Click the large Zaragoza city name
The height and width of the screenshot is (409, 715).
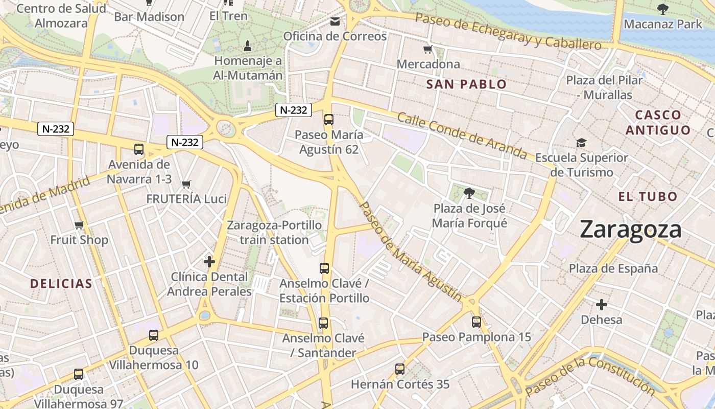630,230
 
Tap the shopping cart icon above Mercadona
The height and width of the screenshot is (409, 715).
428,50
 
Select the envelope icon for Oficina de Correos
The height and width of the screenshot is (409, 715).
335,21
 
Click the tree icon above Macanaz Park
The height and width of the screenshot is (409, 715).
663,9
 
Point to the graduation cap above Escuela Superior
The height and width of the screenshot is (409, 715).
581,143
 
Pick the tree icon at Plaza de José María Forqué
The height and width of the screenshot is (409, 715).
469,193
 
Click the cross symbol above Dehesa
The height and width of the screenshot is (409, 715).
602,305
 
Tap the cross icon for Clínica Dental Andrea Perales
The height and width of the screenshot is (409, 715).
209,262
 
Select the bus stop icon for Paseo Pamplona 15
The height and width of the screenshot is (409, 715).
476,322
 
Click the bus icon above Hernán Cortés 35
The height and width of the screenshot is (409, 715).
400,369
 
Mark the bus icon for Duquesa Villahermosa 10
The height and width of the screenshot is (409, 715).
154,335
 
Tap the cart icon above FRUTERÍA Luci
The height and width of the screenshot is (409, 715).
186,184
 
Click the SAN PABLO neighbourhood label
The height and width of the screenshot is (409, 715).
466,84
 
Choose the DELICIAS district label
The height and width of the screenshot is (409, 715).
61,284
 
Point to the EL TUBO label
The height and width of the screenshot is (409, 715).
648,196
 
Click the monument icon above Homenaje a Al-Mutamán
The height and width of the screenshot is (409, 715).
248,46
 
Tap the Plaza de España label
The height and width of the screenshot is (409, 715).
613,268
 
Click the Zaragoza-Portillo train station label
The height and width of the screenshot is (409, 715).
274,232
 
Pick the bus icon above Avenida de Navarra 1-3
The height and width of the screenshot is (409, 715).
139,149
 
